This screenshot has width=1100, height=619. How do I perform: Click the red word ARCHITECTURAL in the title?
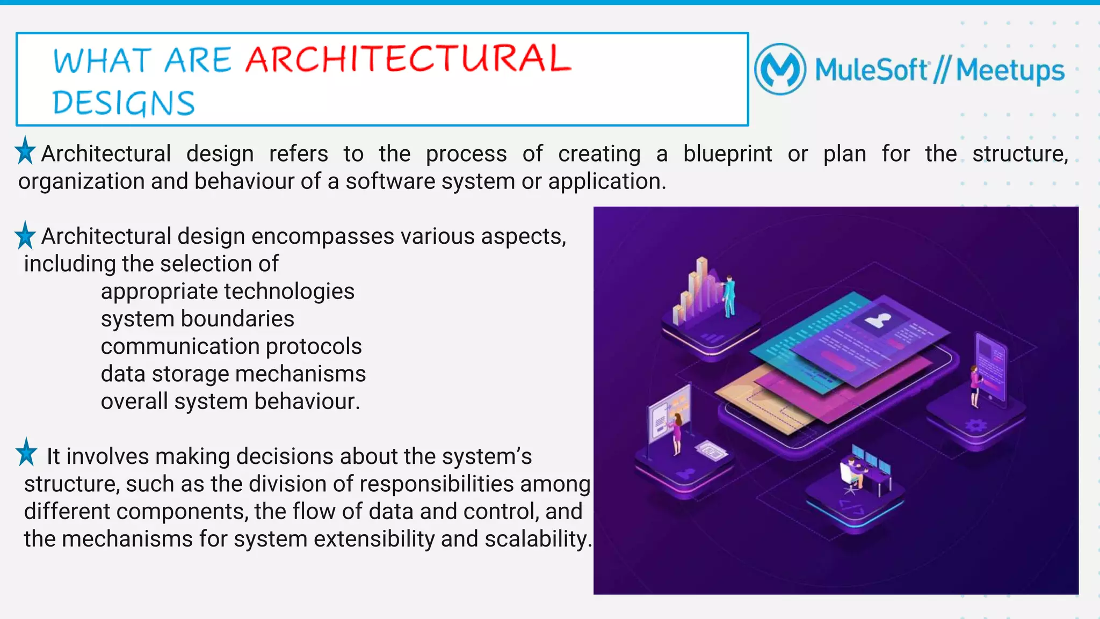click(x=408, y=59)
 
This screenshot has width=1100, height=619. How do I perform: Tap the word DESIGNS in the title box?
click(x=124, y=103)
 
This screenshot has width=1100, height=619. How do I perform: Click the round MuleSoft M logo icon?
click(x=780, y=69)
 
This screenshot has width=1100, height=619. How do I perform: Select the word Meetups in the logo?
click(x=1010, y=71)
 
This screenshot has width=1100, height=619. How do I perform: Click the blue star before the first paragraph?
click(x=25, y=151)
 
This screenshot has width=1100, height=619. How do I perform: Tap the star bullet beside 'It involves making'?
click(x=26, y=452)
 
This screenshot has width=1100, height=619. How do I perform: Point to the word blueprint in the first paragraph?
click(x=727, y=154)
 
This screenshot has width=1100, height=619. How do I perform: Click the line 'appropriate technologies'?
click(x=227, y=292)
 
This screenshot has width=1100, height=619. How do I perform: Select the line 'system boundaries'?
click(x=197, y=319)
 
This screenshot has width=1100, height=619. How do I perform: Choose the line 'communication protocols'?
click(x=231, y=346)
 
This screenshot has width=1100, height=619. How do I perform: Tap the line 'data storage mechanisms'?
click(x=233, y=374)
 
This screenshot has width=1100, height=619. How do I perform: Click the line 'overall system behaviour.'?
click(x=230, y=402)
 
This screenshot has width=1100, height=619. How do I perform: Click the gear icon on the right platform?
click(x=976, y=426)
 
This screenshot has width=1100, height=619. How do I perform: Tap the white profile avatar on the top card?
click(x=878, y=321)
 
